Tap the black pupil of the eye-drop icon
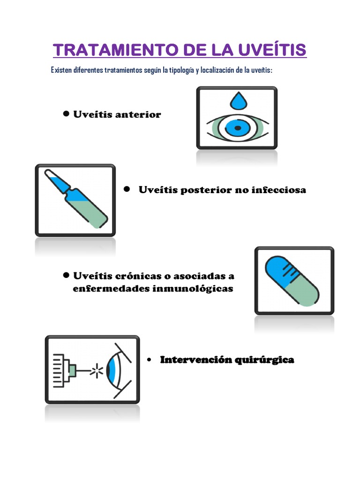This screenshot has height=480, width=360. (237, 127)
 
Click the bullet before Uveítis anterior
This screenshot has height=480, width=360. (66, 114)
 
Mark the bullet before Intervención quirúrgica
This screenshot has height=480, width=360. (149, 360)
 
